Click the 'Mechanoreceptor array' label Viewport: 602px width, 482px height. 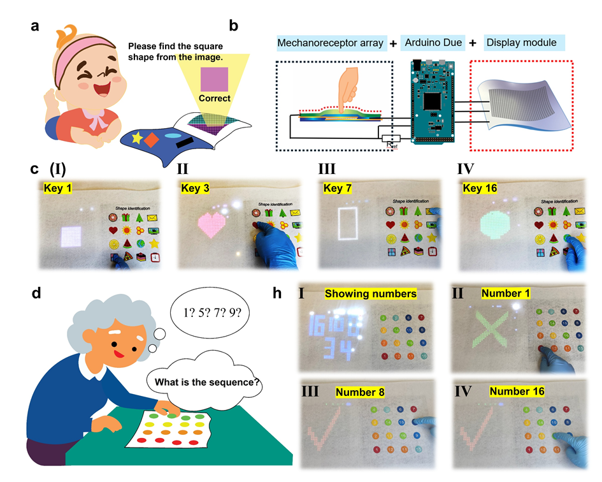click(331, 44)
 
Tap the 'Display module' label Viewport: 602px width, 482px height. click(521, 44)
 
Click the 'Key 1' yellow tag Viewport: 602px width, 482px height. click(59, 188)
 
